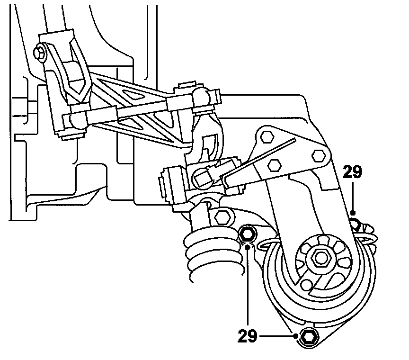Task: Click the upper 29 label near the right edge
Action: tap(353, 172)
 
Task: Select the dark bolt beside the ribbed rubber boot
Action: tap(248, 233)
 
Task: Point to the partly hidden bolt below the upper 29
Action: tap(355, 221)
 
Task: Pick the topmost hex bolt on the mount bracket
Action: tap(267, 136)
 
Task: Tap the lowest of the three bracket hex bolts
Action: tap(273, 164)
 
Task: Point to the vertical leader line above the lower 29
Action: tap(248, 284)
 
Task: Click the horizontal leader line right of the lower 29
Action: tap(277, 336)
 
